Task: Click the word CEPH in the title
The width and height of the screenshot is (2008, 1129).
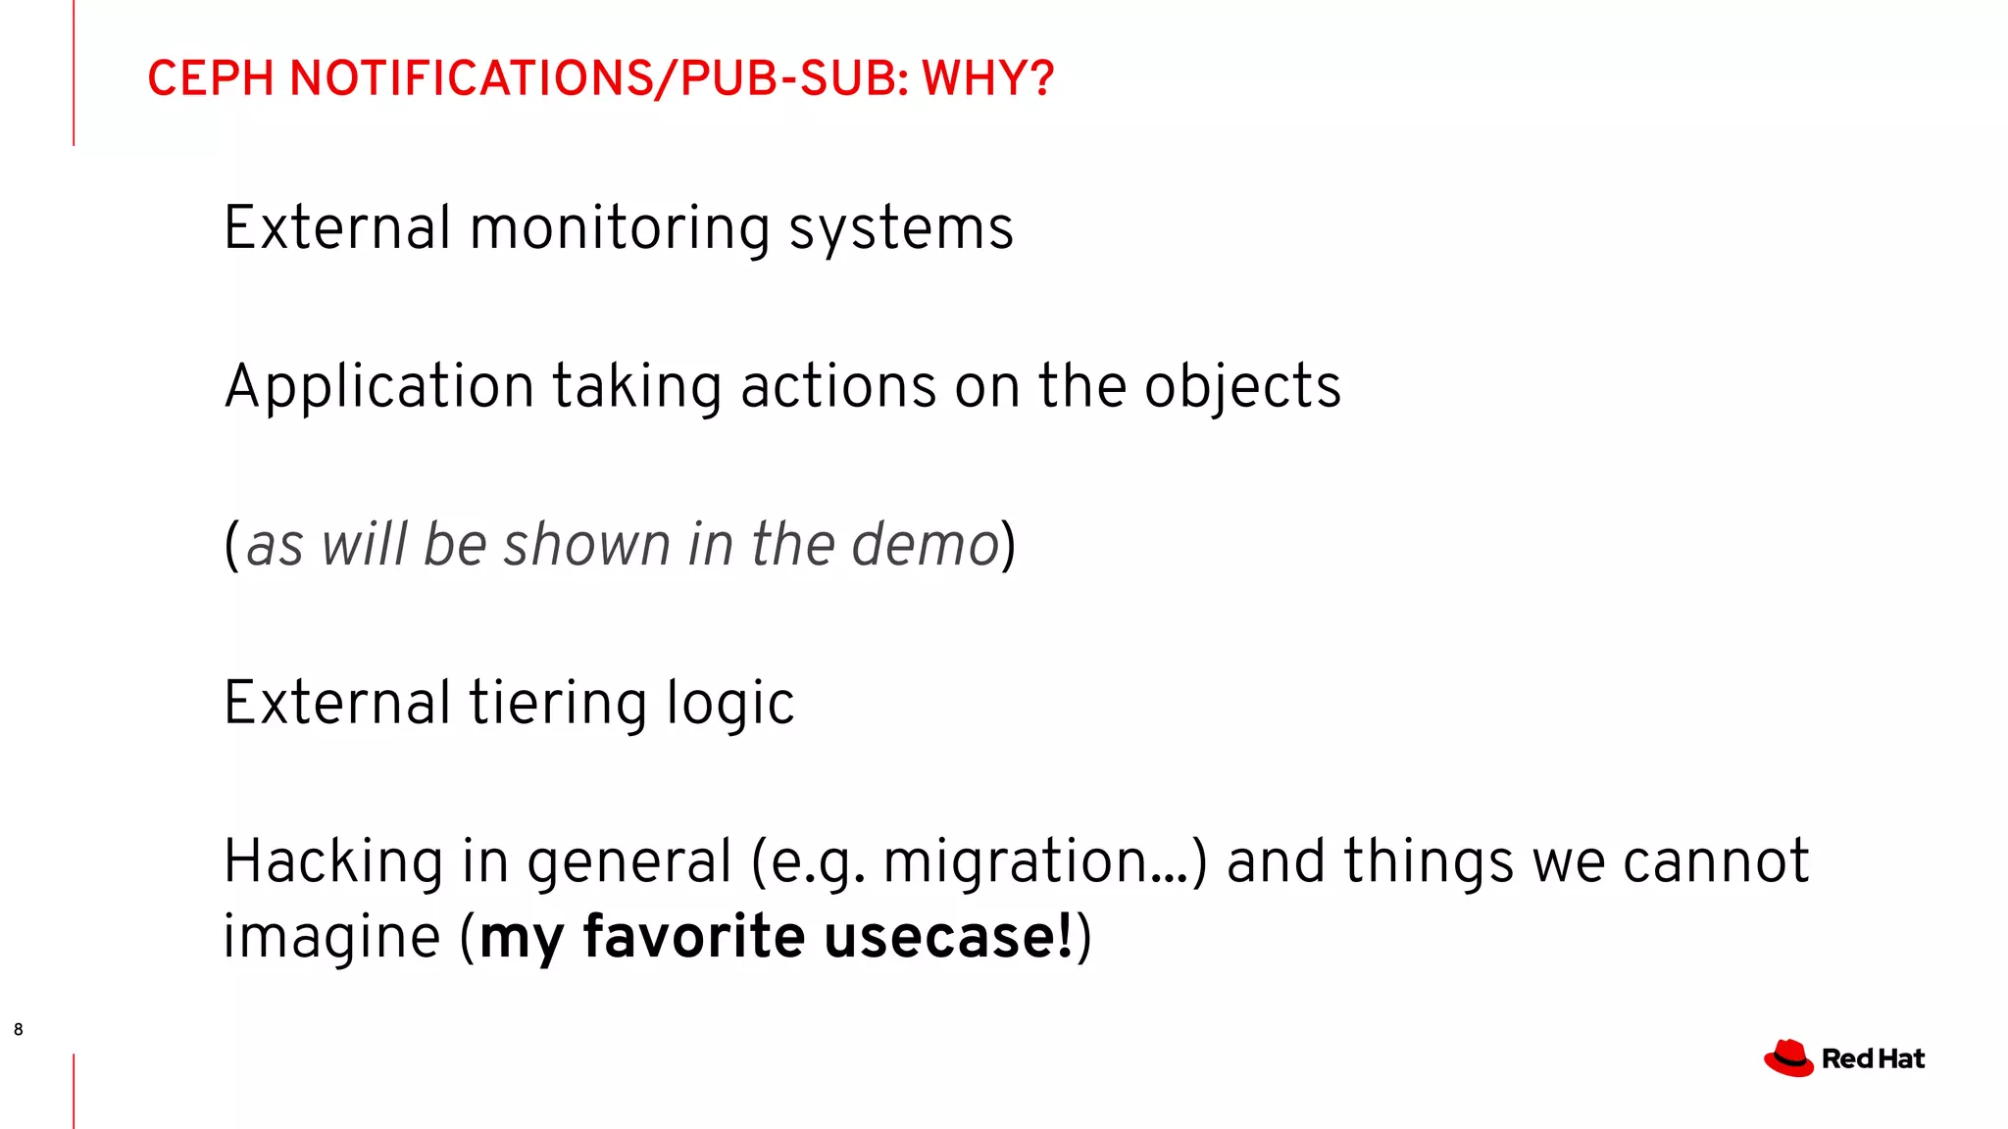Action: pyautogui.click(x=210, y=78)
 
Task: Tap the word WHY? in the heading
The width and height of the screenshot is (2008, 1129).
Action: pyautogui.click(x=987, y=78)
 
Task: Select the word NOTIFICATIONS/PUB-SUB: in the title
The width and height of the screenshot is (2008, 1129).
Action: pyautogui.click(x=599, y=78)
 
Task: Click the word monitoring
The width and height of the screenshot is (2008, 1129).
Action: pyautogui.click(x=621, y=229)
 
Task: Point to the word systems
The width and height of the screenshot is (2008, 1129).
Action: pyautogui.click(x=901, y=229)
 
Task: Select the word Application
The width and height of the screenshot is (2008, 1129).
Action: pyautogui.click(x=378, y=387)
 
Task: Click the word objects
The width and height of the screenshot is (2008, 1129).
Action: pyautogui.click(x=1242, y=387)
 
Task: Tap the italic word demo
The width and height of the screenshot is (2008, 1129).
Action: pyautogui.click(x=925, y=545)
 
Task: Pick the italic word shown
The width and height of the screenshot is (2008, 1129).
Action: pyautogui.click(x=586, y=545)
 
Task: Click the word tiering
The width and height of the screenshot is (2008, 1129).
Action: pyautogui.click(x=558, y=704)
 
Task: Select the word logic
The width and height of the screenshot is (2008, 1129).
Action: pyautogui.click(x=730, y=704)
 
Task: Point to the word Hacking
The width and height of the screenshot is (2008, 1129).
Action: pyautogui.click(x=332, y=862)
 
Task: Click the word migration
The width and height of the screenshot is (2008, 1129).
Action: pyautogui.click(x=1016, y=862)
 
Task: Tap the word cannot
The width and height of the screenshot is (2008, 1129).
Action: pyautogui.click(x=1715, y=862)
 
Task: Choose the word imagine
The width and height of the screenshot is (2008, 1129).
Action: pyautogui.click(x=331, y=937)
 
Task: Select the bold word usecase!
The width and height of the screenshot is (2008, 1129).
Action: pyautogui.click(x=948, y=937)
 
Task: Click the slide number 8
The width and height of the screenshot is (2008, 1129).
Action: pyautogui.click(x=19, y=1029)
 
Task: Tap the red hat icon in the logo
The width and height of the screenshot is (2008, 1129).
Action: pyautogui.click(x=1789, y=1058)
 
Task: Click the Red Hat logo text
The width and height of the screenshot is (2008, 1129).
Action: pyautogui.click(x=1873, y=1059)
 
